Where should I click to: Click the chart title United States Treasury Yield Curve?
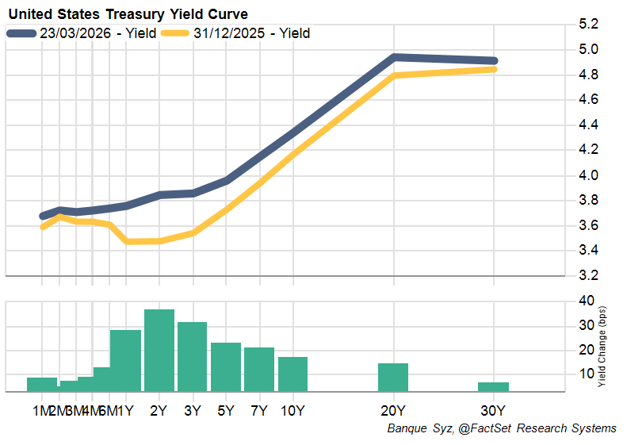click(128, 14)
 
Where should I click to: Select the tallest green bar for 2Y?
click(159, 351)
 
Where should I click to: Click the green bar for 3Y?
click(193, 357)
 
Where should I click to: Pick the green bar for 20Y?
click(393, 378)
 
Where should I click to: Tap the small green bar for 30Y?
click(494, 386)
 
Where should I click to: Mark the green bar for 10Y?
click(292, 374)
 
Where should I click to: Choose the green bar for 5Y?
click(226, 367)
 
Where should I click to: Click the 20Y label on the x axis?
click(393, 411)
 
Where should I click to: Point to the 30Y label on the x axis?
click(494, 411)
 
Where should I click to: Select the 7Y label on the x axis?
click(259, 411)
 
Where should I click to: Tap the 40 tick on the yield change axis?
click(587, 301)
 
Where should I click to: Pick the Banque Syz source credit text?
click(501, 428)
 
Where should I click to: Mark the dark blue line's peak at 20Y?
click(394, 57)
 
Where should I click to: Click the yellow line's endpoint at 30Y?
click(494, 70)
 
